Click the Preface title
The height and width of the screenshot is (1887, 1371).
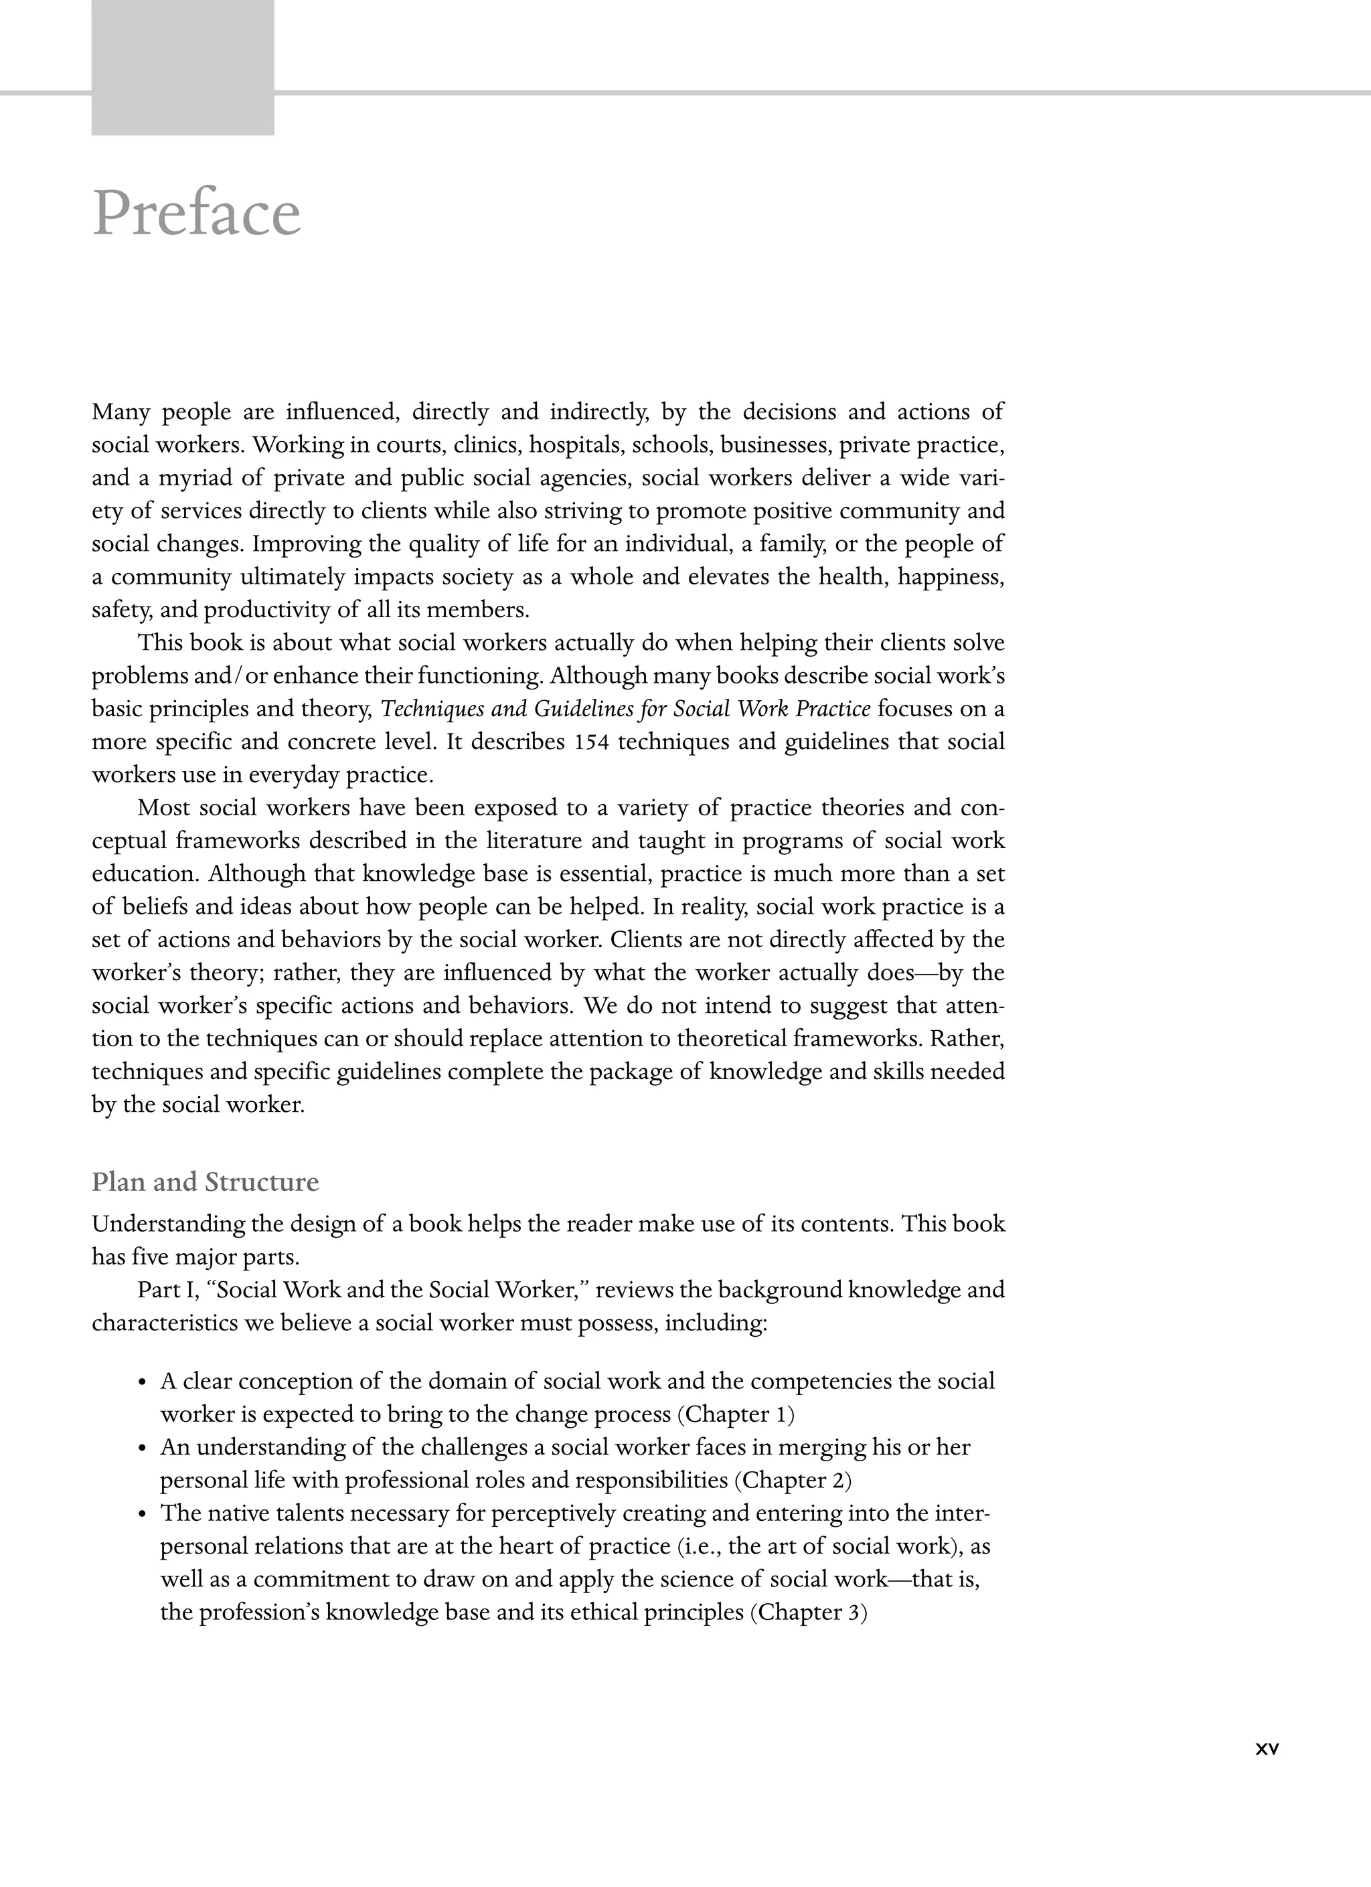[x=196, y=214]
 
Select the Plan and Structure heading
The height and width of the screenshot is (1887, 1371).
[x=205, y=1182]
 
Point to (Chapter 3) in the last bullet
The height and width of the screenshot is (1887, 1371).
[x=809, y=1613]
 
